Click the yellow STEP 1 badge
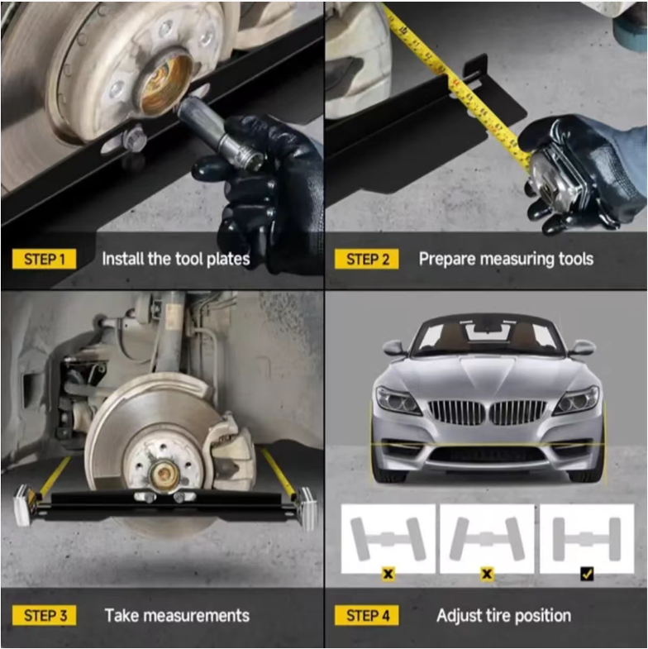(45, 259)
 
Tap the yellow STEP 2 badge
(367, 259)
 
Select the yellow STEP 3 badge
(45, 615)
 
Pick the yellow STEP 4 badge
(367, 615)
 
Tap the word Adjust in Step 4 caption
(459, 616)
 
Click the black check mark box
(587, 574)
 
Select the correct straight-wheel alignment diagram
(587, 538)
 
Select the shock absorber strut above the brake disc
(173, 332)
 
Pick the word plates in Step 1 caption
(228, 260)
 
